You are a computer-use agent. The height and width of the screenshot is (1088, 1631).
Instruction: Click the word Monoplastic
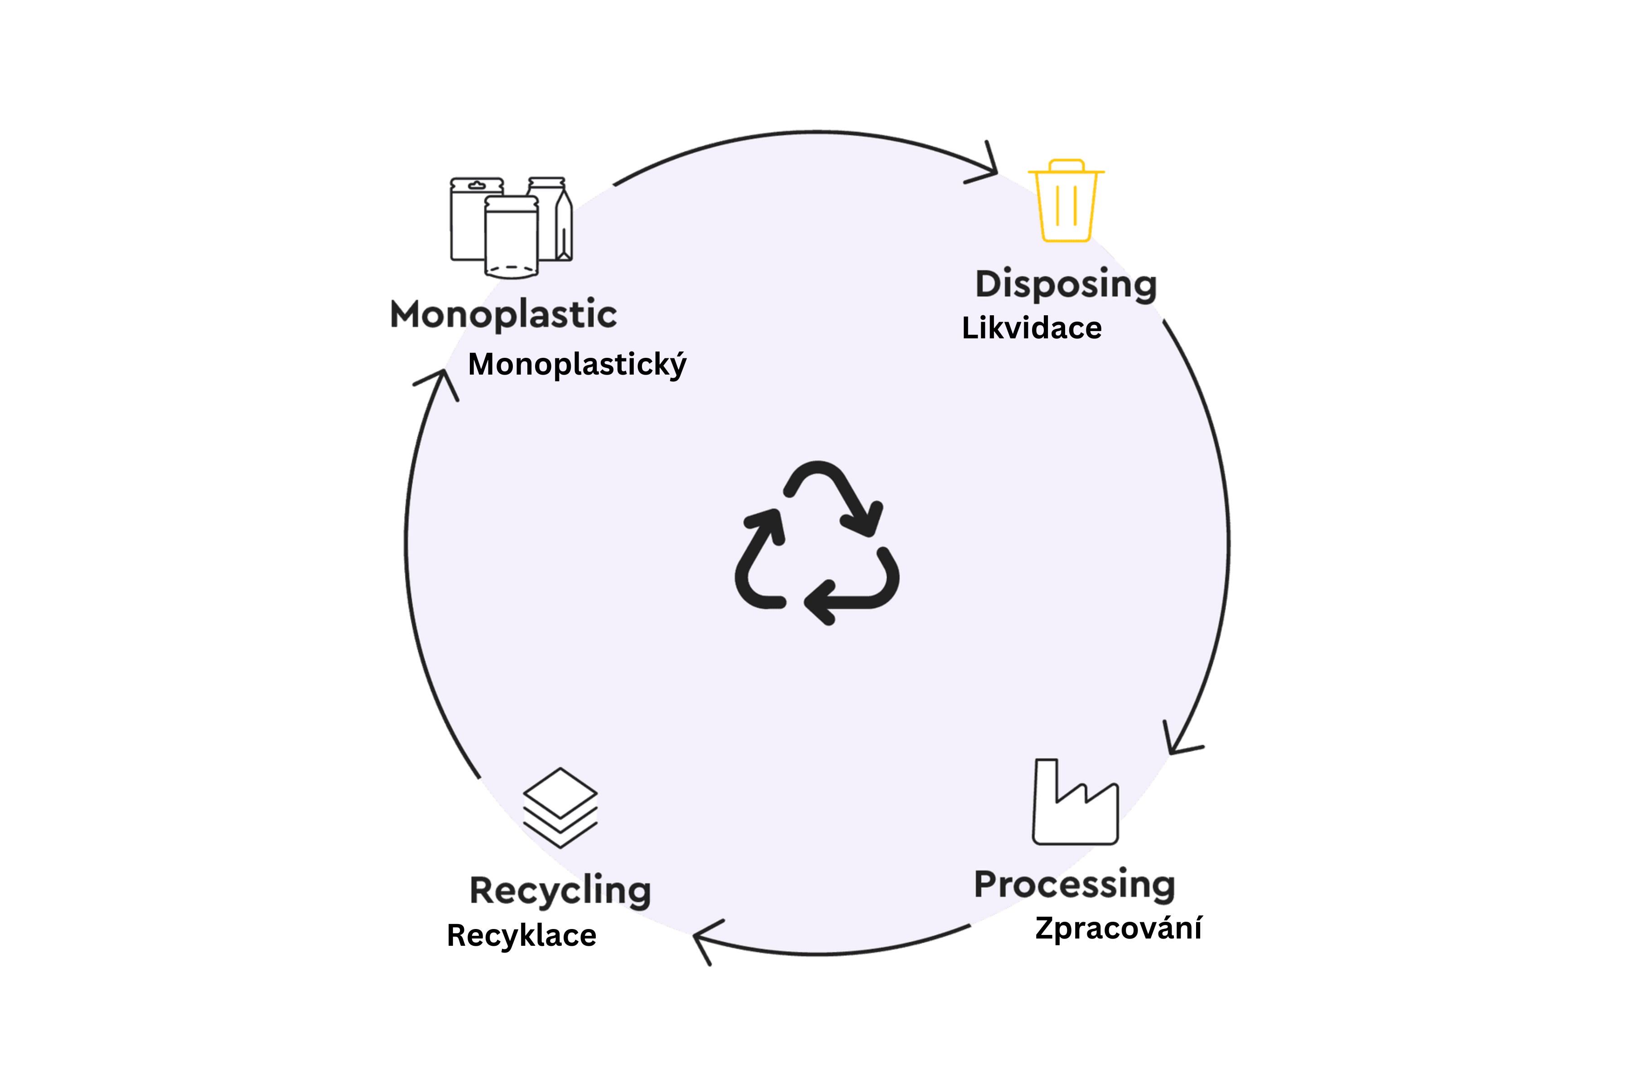[503, 314]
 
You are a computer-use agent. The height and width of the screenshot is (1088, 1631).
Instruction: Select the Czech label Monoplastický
[577, 364]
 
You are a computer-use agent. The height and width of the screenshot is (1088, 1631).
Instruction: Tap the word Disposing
[1066, 284]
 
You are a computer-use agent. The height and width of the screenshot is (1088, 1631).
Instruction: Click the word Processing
[1074, 885]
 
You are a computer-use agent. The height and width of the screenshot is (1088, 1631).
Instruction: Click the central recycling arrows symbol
[817, 543]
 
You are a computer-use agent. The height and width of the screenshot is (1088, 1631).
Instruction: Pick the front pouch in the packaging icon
[511, 237]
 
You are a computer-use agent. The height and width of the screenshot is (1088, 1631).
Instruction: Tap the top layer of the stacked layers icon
[560, 792]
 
